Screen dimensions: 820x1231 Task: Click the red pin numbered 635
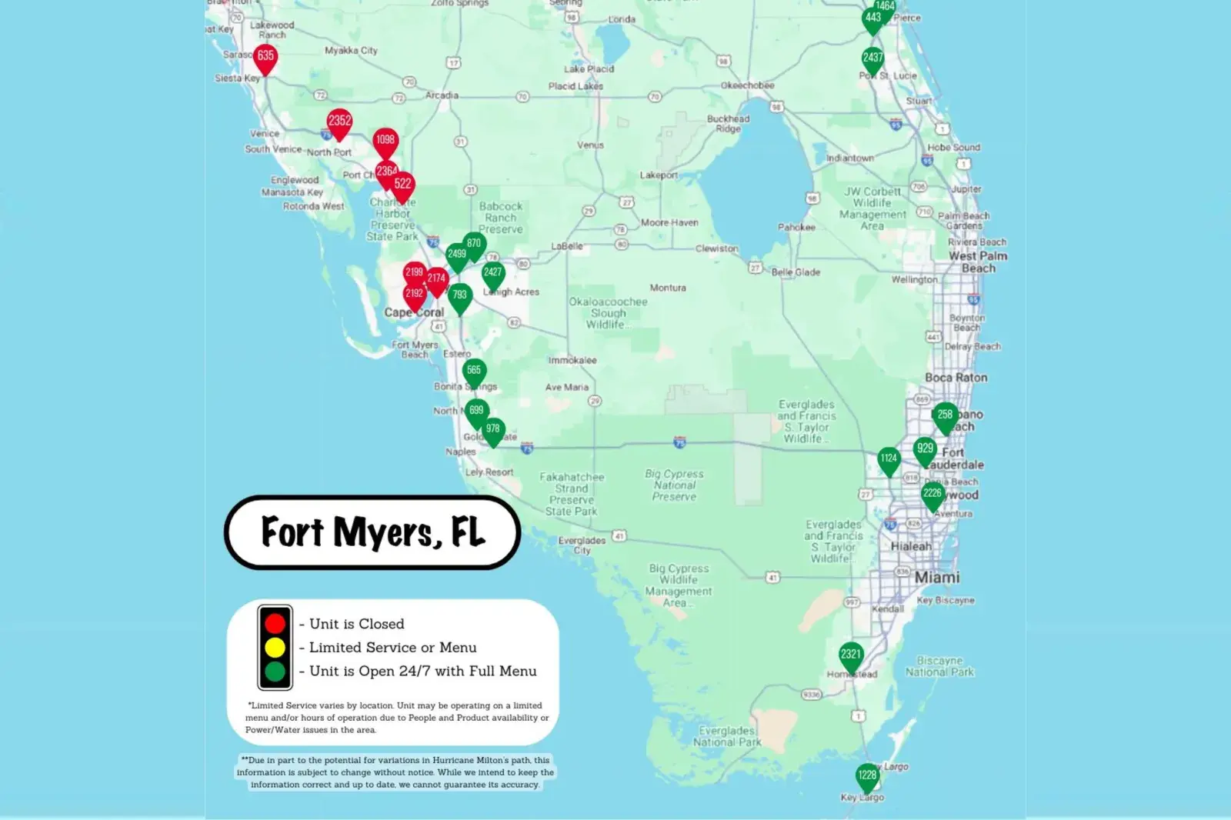(x=265, y=57)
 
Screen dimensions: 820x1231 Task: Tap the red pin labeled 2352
(x=339, y=122)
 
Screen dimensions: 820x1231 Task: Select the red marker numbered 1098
(x=385, y=141)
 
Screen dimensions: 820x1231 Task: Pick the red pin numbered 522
(x=403, y=185)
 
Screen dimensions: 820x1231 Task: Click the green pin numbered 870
(x=475, y=244)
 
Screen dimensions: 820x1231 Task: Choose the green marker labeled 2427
(x=493, y=273)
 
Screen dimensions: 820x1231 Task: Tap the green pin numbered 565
(x=474, y=371)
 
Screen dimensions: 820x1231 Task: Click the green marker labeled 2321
(x=851, y=655)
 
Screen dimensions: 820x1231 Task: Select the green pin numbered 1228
(x=868, y=776)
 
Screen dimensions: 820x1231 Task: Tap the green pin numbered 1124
(x=889, y=459)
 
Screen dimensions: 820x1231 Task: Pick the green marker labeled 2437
(x=872, y=58)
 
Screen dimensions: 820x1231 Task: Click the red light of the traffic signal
(x=275, y=623)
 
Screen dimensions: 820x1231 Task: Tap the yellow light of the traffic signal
(x=275, y=648)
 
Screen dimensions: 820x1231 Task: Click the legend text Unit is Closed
(x=356, y=624)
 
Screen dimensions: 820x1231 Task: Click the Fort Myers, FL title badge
(x=372, y=532)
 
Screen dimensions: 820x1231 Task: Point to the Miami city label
(x=936, y=577)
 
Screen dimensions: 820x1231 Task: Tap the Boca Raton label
(x=956, y=378)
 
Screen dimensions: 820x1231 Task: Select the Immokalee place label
(x=572, y=360)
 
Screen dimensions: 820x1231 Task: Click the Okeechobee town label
(x=747, y=85)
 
